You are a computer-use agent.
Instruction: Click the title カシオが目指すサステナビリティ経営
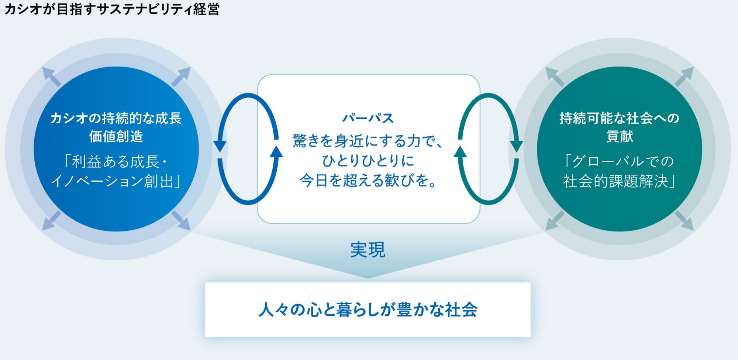[112, 9]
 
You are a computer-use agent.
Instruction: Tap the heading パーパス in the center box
[368, 118]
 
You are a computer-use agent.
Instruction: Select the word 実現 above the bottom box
[368, 250]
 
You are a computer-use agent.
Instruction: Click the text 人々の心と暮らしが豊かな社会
[368, 309]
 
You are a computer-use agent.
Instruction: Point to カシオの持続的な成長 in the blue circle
[116, 118]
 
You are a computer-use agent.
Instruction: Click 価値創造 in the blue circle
[116, 137]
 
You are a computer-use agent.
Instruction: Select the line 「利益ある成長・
[116, 161]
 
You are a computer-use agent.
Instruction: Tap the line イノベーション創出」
[116, 181]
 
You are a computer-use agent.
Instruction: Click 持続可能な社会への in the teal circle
[619, 118]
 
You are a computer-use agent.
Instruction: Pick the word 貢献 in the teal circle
[620, 137]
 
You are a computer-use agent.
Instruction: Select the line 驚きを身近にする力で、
[368, 141]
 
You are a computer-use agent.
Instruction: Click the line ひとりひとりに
[368, 161]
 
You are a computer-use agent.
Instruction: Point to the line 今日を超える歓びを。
[368, 181]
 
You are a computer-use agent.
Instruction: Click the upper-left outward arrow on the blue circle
[51, 77]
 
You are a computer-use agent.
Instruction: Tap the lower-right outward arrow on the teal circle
[684, 220]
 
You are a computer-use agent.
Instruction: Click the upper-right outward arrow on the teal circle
[684, 77]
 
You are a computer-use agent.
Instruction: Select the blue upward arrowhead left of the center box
[276, 152]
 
